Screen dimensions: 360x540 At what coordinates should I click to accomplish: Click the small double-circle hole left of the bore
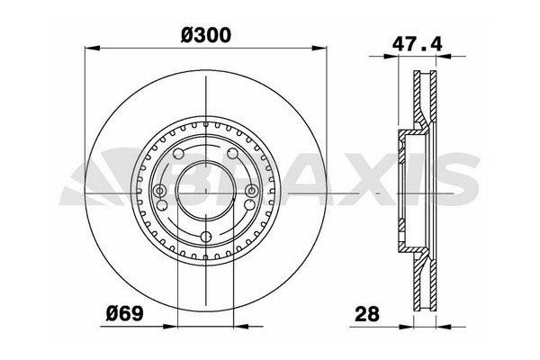click(160, 191)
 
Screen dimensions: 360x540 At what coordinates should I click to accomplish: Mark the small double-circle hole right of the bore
click(253, 191)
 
